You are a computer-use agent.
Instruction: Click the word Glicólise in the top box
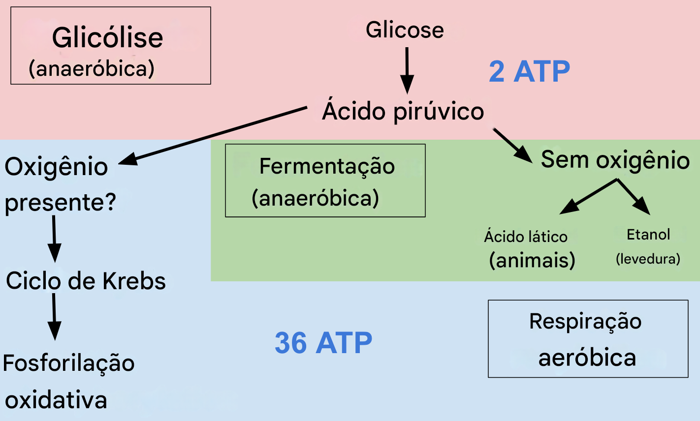click(107, 38)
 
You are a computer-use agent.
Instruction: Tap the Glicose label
click(405, 30)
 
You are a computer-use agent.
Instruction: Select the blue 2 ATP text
click(529, 72)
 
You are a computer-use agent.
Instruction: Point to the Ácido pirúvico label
click(403, 111)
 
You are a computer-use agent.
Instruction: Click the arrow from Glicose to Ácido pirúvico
click(407, 70)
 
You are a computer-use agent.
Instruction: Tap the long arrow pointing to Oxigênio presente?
click(212, 135)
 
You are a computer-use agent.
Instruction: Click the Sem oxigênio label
click(615, 160)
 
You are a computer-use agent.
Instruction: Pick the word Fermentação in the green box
click(327, 166)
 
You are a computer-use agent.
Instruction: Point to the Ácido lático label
click(526, 237)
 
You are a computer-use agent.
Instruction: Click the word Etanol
click(648, 235)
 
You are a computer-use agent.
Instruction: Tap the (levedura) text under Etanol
click(648, 259)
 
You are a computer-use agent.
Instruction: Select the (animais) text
click(532, 260)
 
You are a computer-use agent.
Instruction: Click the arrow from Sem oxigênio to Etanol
click(634, 197)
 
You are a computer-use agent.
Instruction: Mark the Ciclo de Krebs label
click(86, 281)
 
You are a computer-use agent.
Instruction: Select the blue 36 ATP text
click(323, 343)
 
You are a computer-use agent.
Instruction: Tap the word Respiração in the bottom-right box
click(585, 322)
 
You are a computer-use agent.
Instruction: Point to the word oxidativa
click(56, 400)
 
